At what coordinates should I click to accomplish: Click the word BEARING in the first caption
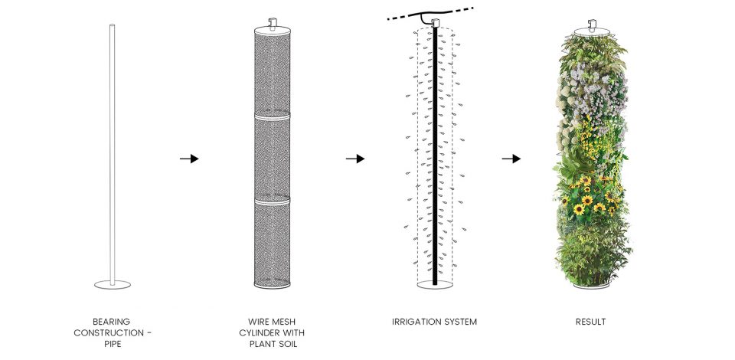(112, 322)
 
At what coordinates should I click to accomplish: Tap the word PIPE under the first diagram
(112, 345)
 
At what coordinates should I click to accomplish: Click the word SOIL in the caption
(286, 345)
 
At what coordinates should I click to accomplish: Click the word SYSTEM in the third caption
(460, 322)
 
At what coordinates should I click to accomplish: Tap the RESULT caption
(590, 322)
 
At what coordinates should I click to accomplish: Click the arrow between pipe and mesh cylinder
(189, 159)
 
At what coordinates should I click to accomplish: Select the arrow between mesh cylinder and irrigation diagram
(355, 159)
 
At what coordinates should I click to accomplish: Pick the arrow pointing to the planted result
(511, 159)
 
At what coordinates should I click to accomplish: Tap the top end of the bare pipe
(112, 25)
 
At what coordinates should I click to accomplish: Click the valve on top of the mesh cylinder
(273, 23)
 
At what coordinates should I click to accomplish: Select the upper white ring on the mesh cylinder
(273, 116)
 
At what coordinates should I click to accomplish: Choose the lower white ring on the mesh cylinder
(273, 201)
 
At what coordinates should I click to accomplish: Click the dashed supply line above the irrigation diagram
(430, 14)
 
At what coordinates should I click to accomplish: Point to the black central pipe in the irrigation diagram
(435, 155)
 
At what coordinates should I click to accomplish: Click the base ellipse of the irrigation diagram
(435, 284)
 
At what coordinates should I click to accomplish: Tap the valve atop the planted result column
(592, 24)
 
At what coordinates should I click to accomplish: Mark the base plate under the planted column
(592, 286)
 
